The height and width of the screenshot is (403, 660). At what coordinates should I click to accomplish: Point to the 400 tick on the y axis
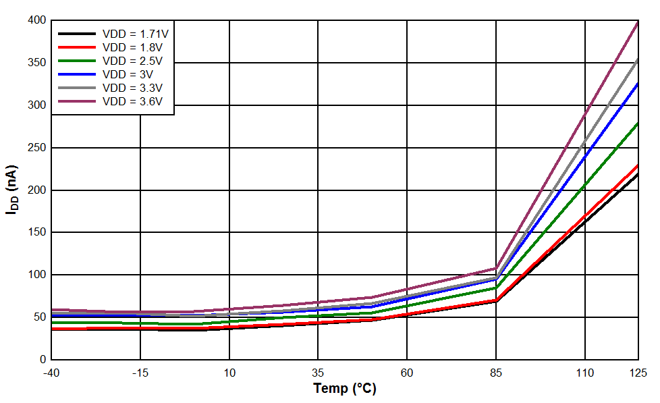coord(37,21)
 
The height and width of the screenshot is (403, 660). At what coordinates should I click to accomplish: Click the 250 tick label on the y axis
coord(37,148)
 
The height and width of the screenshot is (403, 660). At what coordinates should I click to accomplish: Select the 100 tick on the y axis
coord(37,275)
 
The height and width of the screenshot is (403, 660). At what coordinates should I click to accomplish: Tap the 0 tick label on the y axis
coord(43,360)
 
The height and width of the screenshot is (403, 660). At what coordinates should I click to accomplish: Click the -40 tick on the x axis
coord(51,373)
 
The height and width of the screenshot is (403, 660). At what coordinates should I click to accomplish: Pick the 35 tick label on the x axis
coord(318,373)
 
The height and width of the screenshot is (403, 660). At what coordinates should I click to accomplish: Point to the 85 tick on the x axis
coord(496,373)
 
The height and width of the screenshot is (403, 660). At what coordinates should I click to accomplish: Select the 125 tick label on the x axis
coord(638,373)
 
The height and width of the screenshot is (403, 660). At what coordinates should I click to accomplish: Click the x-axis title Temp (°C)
coord(344,389)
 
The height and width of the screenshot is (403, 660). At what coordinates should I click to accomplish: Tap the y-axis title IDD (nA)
coord(11,190)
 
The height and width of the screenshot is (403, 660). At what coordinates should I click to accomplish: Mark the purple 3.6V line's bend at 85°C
coord(496,269)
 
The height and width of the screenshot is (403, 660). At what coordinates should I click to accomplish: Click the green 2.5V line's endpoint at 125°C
coord(638,123)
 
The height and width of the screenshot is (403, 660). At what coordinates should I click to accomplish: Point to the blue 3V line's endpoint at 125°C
coord(638,83)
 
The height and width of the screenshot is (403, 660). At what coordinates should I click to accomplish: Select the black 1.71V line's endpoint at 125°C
coord(638,174)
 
